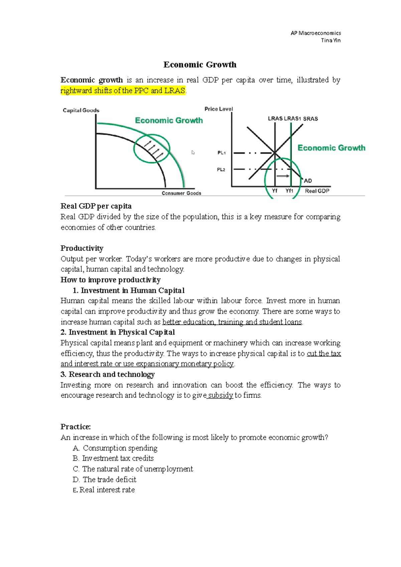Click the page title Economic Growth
[200, 64]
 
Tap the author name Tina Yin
[330, 40]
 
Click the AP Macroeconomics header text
[315, 33]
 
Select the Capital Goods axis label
[81, 110]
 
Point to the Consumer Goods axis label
[181, 193]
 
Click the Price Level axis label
[219, 109]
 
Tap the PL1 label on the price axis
[221, 153]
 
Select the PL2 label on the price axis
[221, 170]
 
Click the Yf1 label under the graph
[289, 191]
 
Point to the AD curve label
[308, 181]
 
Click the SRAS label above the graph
[310, 119]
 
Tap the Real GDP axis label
[317, 191]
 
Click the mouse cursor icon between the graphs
[193, 153]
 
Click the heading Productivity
[82, 248]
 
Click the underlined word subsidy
[220, 395]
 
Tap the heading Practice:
[76, 427]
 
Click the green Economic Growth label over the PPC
[169, 120]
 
